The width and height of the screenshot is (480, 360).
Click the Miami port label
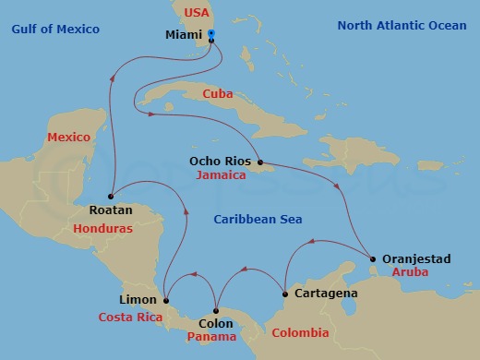(x=181, y=35)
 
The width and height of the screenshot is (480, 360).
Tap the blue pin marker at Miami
(x=211, y=35)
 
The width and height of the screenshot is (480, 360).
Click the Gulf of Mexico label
(x=54, y=30)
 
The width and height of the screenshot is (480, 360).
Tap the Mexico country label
(x=68, y=138)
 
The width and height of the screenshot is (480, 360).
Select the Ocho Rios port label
(x=220, y=161)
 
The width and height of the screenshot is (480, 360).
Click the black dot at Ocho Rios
(x=261, y=164)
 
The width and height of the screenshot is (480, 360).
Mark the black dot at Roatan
(x=110, y=196)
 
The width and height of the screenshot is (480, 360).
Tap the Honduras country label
(x=102, y=228)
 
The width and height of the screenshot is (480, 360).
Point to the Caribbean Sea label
(x=258, y=219)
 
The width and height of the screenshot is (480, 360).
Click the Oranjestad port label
(x=417, y=259)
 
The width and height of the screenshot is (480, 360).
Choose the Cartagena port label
(x=326, y=293)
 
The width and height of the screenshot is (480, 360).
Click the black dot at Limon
(x=165, y=300)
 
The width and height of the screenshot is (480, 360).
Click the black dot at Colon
(x=216, y=311)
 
